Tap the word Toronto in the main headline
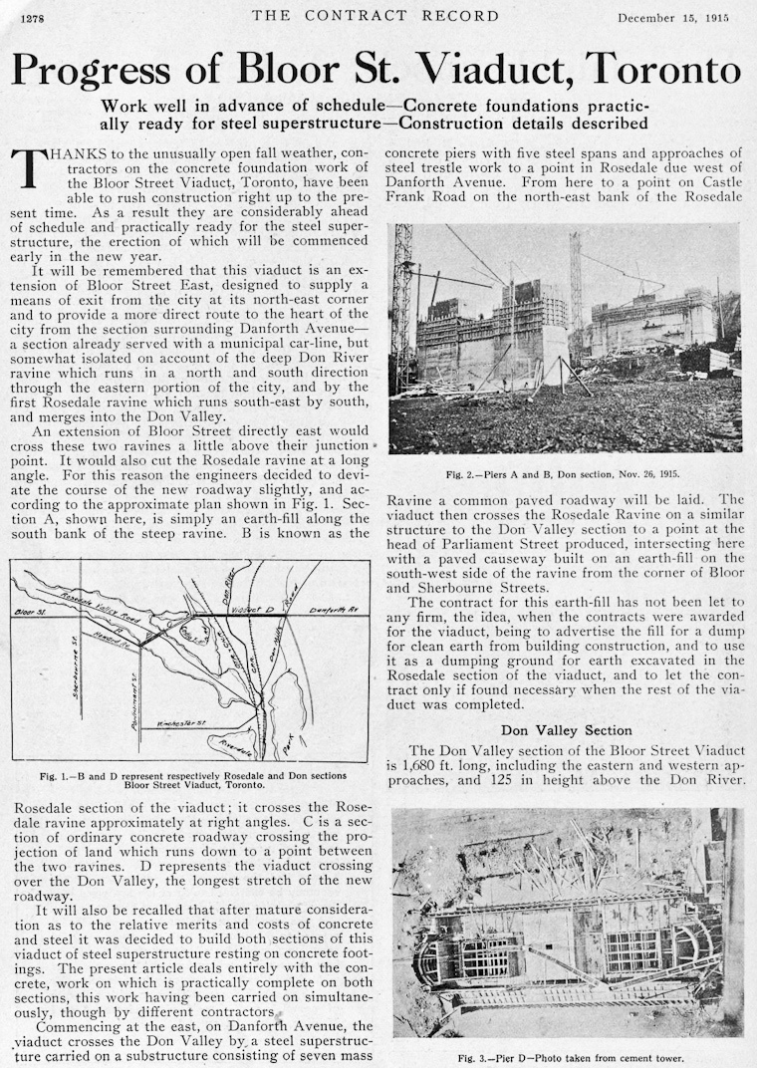pyautogui.click(x=662, y=70)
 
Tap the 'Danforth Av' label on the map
pyautogui.click(x=333, y=609)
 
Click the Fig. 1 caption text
pyautogui.click(x=193, y=780)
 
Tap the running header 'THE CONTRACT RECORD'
pyautogui.click(x=375, y=16)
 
